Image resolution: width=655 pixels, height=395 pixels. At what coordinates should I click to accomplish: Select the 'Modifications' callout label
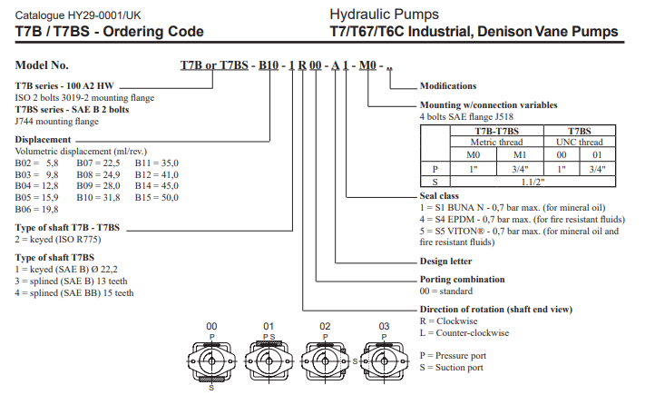click(x=447, y=86)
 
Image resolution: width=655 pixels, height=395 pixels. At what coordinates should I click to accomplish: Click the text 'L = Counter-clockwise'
click(x=464, y=332)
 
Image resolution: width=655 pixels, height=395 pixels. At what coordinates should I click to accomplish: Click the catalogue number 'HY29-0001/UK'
click(x=107, y=15)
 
